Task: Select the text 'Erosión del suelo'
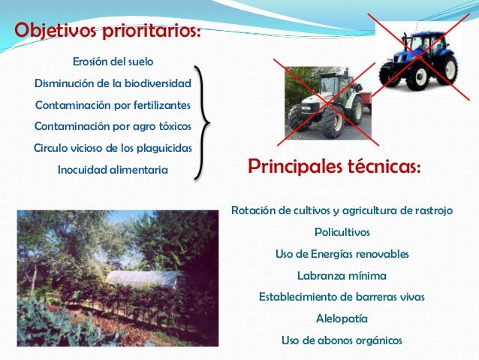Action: click(x=113, y=61)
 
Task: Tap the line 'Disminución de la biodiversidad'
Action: click(x=113, y=82)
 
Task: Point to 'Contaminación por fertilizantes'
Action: click(x=113, y=104)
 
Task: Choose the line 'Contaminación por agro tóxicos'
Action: click(x=113, y=125)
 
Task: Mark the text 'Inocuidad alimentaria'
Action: click(x=113, y=171)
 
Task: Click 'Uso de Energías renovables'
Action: click(x=342, y=254)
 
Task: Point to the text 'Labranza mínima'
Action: click(x=342, y=275)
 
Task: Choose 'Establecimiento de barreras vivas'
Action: click(x=342, y=297)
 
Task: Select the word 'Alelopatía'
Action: click(x=342, y=319)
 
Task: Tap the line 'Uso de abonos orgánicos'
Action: click(x=342, y=340)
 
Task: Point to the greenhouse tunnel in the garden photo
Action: click(x=143, y=280)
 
